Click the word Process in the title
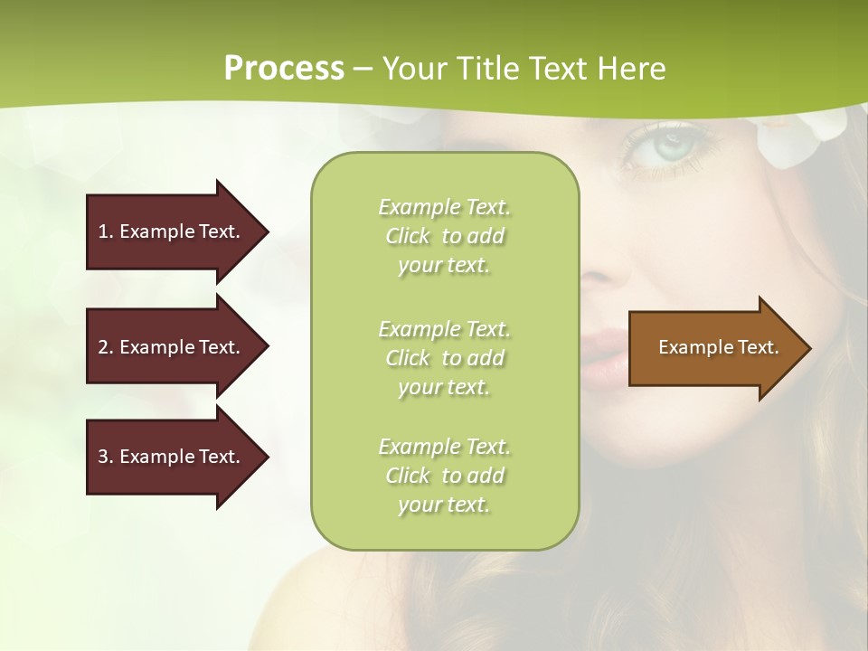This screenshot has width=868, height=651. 284,68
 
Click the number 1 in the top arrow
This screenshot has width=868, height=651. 103,231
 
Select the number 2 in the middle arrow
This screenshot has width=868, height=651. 103,347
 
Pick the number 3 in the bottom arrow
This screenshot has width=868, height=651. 103,457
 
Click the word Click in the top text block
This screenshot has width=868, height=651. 408,236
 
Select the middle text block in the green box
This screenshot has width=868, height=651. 445,358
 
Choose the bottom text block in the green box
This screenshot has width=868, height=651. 445,476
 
